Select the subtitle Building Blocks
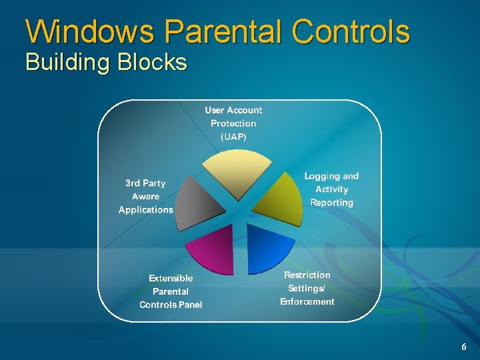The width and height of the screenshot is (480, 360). (x=106, y=63)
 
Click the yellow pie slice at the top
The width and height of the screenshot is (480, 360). (x=237, y=173)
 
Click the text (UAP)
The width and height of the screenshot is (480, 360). (x=233, y=137)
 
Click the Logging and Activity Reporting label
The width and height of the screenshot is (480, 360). (x=331, y=189)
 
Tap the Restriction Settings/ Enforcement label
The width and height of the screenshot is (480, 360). (x=307, y=288)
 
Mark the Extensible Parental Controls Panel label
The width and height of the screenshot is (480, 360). (x=171, y=291)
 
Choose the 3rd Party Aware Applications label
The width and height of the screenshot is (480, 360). (x=145, y=196)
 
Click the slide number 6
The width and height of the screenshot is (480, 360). (x=464, y=347)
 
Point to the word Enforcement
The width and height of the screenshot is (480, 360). (x=307, y=301)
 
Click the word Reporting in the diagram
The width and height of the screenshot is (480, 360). (x=331, y=203)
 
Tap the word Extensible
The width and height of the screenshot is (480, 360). (x=171, y=278)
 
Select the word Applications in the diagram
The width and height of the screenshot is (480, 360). (x=145, y=209)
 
